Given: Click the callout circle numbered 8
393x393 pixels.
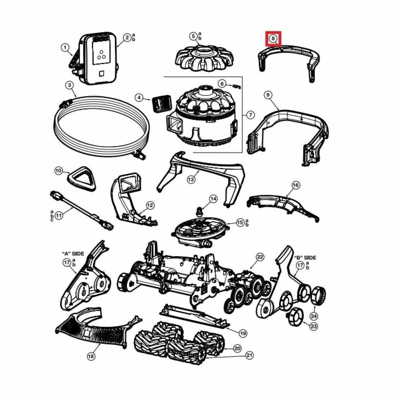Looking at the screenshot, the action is [x=273, y=38].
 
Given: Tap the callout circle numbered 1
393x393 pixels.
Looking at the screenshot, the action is [x=65, y=48].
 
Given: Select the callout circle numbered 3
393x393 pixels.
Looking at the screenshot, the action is [x=70, y=85].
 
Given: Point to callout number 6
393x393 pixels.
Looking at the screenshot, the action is [x=222, y=83].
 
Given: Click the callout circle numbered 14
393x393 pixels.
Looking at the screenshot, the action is [x=213, y=199].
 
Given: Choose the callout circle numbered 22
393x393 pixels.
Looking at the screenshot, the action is [x=260, y=257].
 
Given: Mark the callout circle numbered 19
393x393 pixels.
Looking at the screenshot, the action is [x=243, y=333].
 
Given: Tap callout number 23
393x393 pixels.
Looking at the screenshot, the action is [x=313, y=326].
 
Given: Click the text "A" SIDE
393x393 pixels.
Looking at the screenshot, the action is [x=73, y=254].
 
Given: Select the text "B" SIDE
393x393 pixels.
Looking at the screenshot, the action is [x=305, y=258].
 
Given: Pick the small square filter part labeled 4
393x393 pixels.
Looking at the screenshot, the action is [x=161, y=103].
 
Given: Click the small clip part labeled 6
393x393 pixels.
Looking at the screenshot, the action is [x=237, y=86].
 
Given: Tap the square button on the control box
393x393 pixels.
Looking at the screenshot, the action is [x=101, y=73].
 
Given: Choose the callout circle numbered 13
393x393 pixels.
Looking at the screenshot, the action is [x=191, y=179].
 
